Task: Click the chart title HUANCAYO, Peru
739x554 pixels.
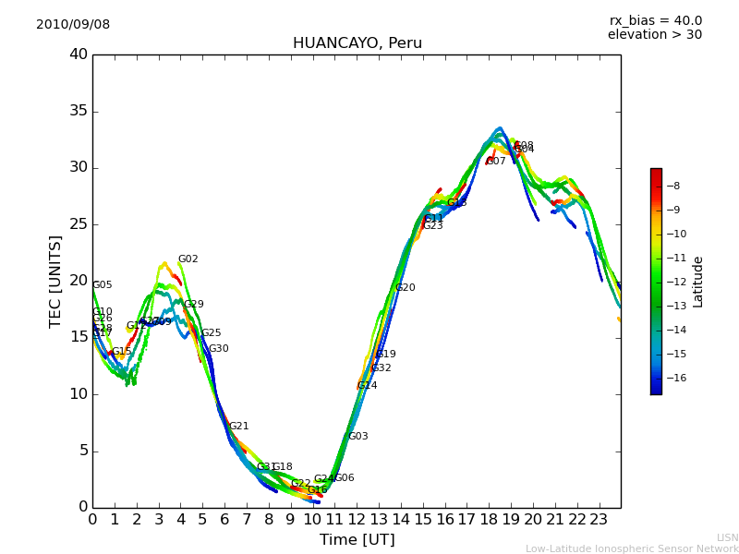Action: [x=357, y=43]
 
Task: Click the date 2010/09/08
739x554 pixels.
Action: [x=73, y=25]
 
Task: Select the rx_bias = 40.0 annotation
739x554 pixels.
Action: [x=655, y=20]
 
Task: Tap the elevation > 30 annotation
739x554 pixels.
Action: [x=654, y=35]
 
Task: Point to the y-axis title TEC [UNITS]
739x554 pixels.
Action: [x=55, y=281]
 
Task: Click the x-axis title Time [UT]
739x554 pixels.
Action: [x=357, y=540]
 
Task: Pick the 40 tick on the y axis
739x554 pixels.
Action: [x=79, y=54]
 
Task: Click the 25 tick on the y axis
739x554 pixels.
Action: [x=79, y=224]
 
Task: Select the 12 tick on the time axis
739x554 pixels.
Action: [x=357, y=520]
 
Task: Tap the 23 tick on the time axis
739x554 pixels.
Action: [x=599, y=520]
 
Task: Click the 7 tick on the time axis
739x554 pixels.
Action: [x=247, y=520]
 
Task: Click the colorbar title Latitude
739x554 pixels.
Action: [x=698, y=281]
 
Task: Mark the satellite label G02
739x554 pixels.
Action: [x=188, y=259]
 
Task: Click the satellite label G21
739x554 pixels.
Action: [x=238, y=427]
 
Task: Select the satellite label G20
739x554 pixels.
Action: [x=405, y=288]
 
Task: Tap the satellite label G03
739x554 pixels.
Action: [x=357, y=437]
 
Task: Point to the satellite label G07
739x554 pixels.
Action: [x=496, y=162]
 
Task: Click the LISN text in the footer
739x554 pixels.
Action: [x=727, y=537]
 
